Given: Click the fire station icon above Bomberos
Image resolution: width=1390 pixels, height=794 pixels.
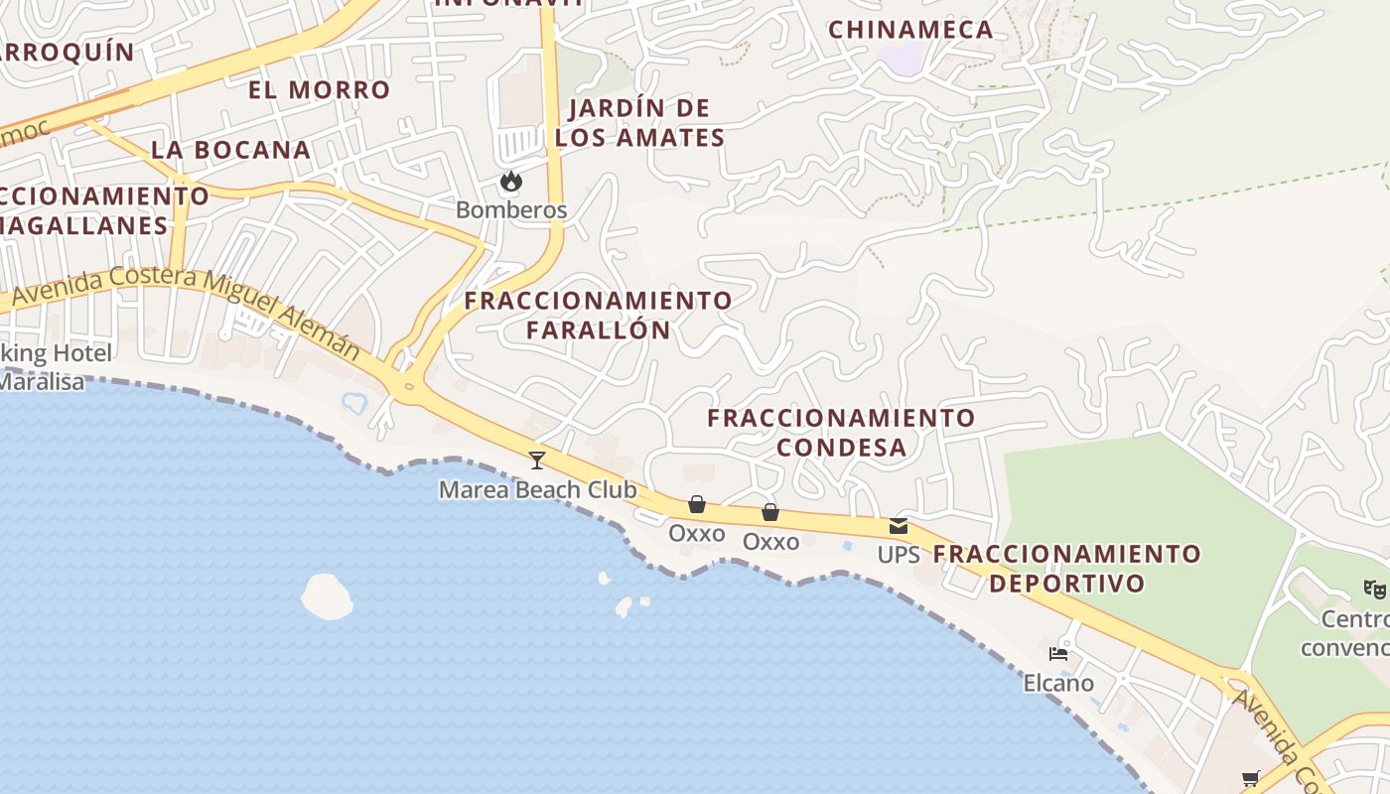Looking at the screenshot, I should [511, 182].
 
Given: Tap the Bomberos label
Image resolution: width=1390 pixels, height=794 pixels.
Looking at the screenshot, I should [511, 210].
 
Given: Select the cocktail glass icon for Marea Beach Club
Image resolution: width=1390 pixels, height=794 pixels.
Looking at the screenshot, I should [537, 460].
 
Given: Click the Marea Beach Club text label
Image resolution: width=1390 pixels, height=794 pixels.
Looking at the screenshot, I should [537, 490].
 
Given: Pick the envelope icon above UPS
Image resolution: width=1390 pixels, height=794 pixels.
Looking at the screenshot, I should [899, 526].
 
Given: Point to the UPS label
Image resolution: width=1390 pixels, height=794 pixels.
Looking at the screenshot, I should [899, 555].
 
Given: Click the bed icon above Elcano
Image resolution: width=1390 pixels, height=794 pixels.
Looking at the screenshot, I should [1058, 654].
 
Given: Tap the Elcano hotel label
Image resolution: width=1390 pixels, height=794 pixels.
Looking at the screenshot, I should [1058, 683].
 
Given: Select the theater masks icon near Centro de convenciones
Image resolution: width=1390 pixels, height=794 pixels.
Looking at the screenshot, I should [1375, 589].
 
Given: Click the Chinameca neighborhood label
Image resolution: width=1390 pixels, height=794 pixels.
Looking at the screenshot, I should [910, 30].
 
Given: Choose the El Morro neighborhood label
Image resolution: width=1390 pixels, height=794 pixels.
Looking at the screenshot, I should [319, 90].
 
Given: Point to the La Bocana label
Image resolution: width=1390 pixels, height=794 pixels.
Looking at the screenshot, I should [230, 150].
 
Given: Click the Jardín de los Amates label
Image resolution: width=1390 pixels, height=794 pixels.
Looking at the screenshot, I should [640, 123].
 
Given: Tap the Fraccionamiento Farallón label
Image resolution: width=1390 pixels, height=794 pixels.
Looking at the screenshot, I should [599, 315].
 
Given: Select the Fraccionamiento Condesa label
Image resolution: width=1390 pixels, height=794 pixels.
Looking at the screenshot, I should [841, 433].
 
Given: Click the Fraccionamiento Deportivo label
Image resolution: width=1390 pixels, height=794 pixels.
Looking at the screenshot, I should [1067, 568].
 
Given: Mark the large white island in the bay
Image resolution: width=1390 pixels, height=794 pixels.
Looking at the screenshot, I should [327, 596].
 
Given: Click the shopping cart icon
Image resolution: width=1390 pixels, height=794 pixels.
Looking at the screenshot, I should [1250, 778].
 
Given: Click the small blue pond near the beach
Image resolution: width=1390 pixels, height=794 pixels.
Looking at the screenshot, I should [354, 403].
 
